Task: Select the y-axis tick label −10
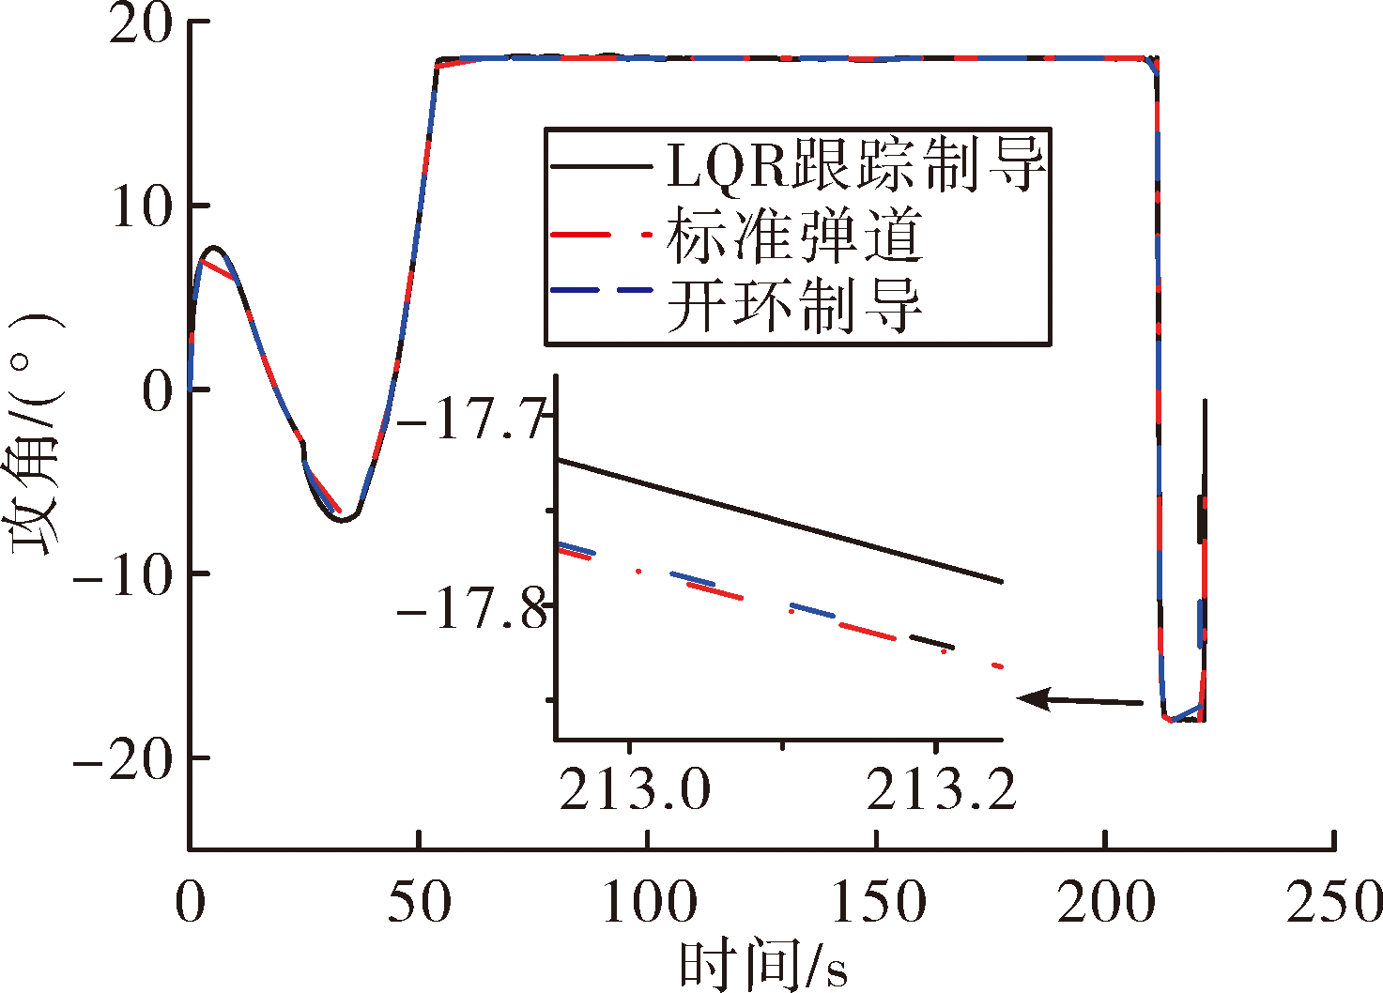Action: pyautogui.click(x=122, y=574)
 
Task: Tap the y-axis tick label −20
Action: pyautogui.click(x=122, y=758)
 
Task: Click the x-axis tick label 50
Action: pyautogui.click(x=420, y=902)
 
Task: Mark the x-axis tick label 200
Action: pyautogui.click(x=1106, y=902)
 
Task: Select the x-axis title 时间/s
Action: pyautogui.click(x=763, y=964)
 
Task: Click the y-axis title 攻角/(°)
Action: pyautogui.click(x=34, y=435)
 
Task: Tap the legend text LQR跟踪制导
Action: pyautogui.click(x=855, y=166)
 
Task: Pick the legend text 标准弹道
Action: pyautogui.click(x=794, y=236)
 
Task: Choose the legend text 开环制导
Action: pyautogui.click(x=794, y=305)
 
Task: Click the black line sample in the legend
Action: pyautogui.click(x=601, y=166)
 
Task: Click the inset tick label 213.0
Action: pyautogui.click(x=636, y=789)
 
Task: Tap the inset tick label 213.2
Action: pyautogui.click(x=941, y=789)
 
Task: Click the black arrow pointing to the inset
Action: pyautogui.click(x=1079, y=700)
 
